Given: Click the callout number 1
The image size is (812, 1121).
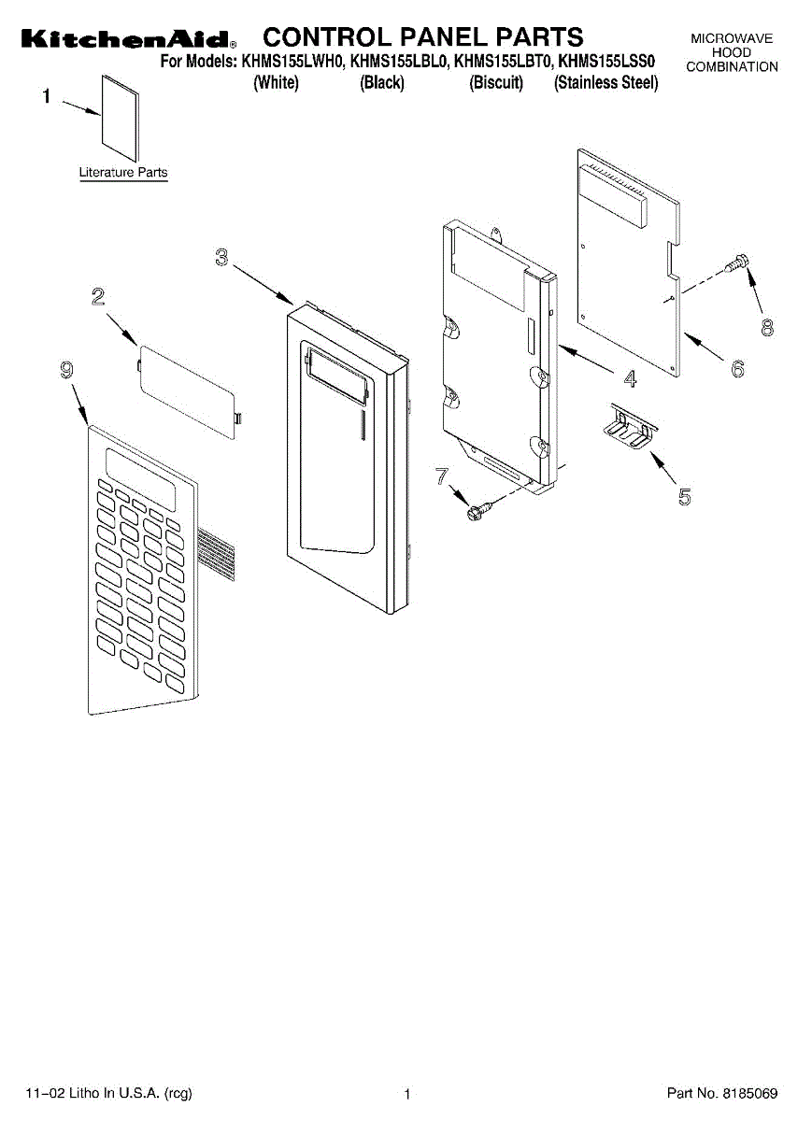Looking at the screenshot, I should tap(47, 96).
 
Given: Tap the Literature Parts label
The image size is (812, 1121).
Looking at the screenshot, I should tap(123, 173).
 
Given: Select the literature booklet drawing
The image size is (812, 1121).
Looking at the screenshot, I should tap(120, 113).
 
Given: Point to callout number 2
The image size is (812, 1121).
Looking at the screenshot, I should tap(97, 297).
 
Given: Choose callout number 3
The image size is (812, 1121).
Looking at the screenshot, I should tap(221, 257).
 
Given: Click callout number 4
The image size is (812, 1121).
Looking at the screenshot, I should tap(630, 378).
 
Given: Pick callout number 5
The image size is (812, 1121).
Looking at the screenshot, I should tap(685, 496).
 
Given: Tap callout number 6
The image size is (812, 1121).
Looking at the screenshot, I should tap(737, 369).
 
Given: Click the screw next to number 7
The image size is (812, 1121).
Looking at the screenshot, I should tap(480, 509).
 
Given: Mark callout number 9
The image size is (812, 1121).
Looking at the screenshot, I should tap(66, 371).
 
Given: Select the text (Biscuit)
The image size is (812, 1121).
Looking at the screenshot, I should tap(496, 83).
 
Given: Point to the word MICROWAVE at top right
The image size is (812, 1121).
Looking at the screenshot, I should tap(732, 38).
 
